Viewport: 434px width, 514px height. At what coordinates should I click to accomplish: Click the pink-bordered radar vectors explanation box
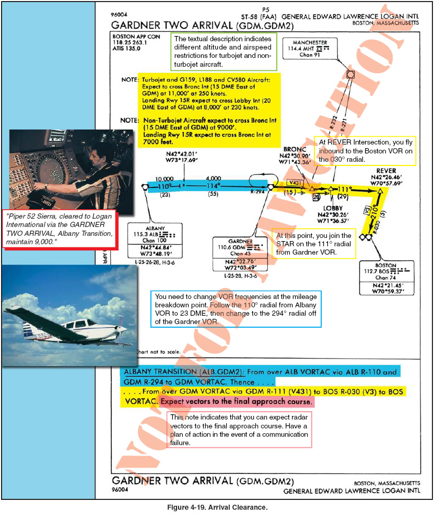[x=239, y=429]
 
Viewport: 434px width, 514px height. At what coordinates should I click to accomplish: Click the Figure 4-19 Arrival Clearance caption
[x=217, y=507]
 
